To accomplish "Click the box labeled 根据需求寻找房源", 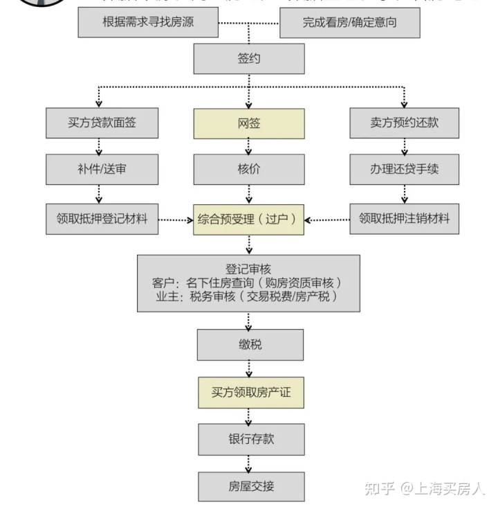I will point(148,22).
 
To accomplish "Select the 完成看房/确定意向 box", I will point(349,22).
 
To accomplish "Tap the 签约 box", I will point(249,58).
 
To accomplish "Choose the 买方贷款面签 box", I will point(102,123).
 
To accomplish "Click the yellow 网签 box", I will point(249,123).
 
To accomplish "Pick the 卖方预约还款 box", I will point(404,123).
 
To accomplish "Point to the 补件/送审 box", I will point(102,169).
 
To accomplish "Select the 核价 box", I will point(249,169).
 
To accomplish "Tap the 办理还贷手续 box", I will point(404,169).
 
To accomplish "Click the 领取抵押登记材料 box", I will point(102,219).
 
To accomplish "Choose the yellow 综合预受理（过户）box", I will point(249,219).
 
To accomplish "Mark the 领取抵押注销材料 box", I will point(404,219).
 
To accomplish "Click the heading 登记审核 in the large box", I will point(249,269).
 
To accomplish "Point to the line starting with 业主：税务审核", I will point(249,296).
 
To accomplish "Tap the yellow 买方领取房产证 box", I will point(250,393).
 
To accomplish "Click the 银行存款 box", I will point(250,439).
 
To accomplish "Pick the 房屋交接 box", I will point(250,485).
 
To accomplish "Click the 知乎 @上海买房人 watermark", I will point(425,488).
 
